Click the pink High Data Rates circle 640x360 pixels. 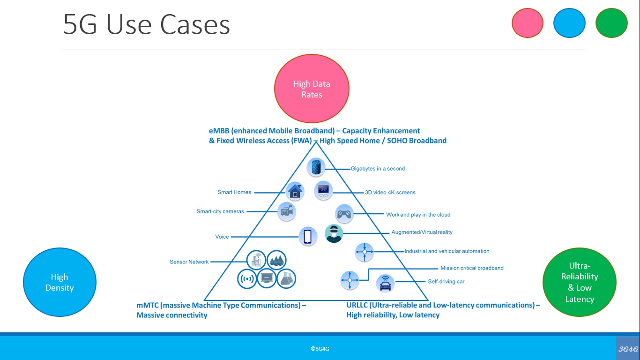tap(312, 89)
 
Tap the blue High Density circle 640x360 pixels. tap(60, 282)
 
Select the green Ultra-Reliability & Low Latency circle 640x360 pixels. tap(580, 282)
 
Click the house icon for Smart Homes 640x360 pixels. tap(295, 191)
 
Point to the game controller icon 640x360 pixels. tap(344, 214)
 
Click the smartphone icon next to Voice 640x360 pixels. tap(307, 236)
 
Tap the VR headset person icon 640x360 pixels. tap(334, 233)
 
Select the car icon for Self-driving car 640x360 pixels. tap(385, 284)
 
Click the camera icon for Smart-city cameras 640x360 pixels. tap(286, 212)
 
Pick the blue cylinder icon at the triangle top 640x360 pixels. tap(316, 167)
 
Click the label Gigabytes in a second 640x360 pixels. tap(378, 169)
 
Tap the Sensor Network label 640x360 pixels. tap(189, 262)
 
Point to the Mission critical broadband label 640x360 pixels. tap(472, 268)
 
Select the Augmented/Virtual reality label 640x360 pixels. tap(422, 232)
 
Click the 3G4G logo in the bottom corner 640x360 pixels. tap(628, 349)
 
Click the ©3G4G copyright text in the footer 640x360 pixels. tap(320, 349)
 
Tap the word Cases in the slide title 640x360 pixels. tap(195, 25)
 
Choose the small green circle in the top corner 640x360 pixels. tap(611, 22)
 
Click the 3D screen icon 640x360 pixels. tap(323, 190)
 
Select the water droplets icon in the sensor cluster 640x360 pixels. tap(276, 260)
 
